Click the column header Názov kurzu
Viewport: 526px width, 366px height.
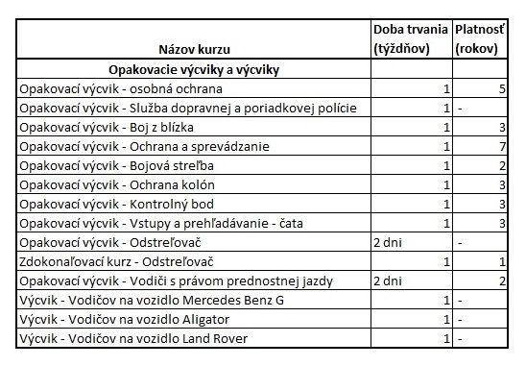point(195,48)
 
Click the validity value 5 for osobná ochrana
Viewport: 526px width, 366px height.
point(501,88)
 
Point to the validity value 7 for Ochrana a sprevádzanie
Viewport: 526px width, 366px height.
point(501,146)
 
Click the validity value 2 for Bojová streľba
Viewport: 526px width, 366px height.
point(501,165)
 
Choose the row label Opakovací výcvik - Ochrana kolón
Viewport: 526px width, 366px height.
point(117,184)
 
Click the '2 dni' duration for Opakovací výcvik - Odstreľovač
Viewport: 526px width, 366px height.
point(388,242)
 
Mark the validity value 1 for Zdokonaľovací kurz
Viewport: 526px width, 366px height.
point(501,261)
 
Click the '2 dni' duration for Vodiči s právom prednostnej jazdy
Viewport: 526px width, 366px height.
point(388,281)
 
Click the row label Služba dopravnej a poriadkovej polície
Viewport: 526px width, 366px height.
point(187,108)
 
